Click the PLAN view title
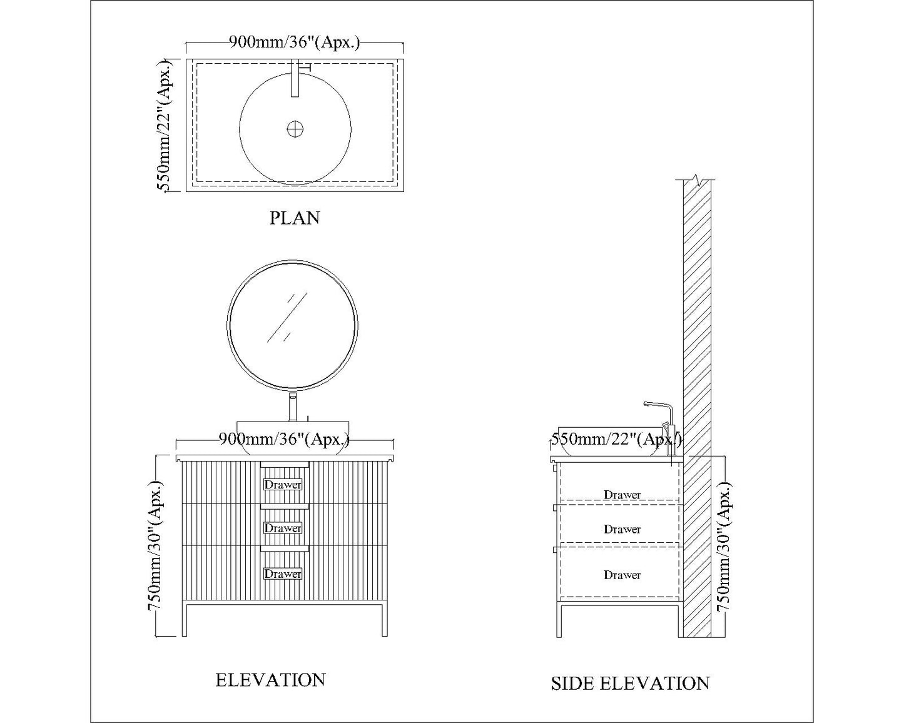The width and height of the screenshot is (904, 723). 295,218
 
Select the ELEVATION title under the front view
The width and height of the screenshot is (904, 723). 270,680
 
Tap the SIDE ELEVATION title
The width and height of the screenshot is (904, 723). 630,683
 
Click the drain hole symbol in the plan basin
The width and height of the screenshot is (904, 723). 295,129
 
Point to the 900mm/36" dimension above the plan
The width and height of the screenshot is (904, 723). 295,43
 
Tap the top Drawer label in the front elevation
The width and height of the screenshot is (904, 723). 283,485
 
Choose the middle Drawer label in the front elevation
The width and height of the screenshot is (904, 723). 283,528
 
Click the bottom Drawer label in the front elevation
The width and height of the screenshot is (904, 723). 283,574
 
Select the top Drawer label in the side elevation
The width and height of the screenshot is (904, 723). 622,495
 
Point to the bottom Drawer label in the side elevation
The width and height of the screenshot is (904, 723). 622,575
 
